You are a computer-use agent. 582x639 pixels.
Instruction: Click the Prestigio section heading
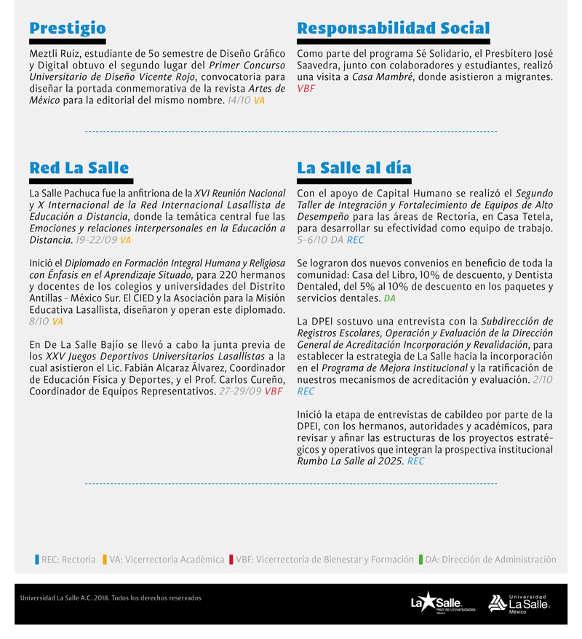point(67,28)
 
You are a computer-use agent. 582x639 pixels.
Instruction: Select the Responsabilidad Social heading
point(393,28)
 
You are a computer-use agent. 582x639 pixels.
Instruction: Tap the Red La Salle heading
point(79,168)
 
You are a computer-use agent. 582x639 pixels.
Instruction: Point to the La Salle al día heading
point(354,168)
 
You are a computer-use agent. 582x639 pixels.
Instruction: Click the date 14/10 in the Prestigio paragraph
point(239,100)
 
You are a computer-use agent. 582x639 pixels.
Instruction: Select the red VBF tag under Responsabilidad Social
point(306,89)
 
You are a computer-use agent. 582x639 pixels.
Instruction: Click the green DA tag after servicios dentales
point(389,298)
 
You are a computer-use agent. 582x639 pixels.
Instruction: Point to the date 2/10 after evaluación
point(542,380)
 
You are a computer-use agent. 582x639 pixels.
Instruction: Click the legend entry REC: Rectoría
point(65,560)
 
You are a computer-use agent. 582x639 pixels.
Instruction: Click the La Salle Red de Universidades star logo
point(442,603)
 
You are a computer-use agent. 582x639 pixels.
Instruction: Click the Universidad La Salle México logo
point(519,603)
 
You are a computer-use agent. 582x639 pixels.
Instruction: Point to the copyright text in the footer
point(111,598)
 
